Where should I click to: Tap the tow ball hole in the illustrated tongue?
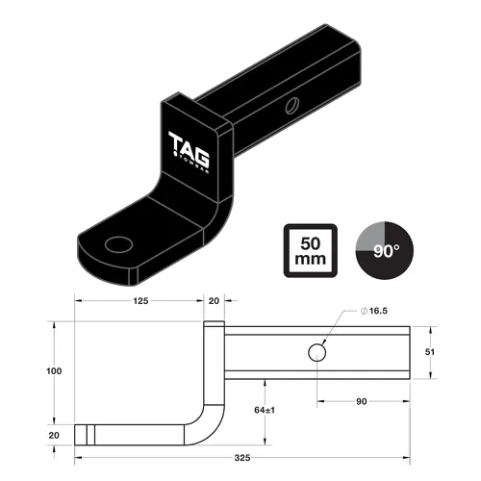(x=119, y=244)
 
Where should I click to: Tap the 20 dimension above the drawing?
(x=214, y=301)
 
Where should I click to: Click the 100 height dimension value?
(x=55, y=371)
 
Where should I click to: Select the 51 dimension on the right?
(x=430, y=352)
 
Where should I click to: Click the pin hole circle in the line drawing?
(x=316, y=353)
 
